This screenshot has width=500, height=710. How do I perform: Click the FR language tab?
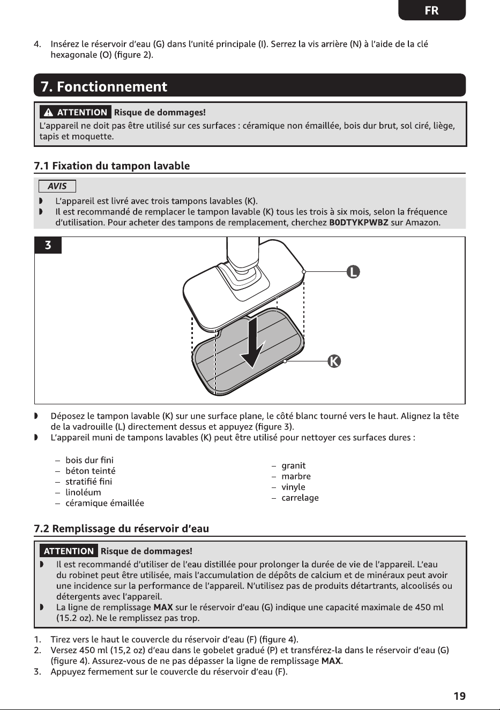coord(431,10)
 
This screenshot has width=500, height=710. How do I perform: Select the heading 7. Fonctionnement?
coord(104,86)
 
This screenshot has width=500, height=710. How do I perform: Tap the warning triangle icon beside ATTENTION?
coord(48,112)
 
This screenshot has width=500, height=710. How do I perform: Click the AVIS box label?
coord(57,186)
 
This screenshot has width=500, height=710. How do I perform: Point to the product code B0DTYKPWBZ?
coord(359,223)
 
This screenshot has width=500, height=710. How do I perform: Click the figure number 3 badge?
coord(48,245)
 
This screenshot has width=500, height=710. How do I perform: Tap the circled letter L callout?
coord(353,272)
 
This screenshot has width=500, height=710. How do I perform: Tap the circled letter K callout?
coord(334,361)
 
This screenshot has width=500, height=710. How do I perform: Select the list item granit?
coord(294,465)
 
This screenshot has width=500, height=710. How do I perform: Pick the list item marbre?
coord(296,476)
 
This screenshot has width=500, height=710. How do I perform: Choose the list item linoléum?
coord(83,493)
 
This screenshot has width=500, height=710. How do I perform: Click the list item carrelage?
coord(300,498)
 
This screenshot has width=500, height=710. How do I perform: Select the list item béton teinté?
coord(91,471)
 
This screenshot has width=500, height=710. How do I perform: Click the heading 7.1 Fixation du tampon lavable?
coord(112,166)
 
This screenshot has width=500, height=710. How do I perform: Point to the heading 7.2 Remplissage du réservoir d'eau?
coord(121,529)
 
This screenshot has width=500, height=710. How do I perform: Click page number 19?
coord(460,696)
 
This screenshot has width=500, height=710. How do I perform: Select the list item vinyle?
coord(294,487)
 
